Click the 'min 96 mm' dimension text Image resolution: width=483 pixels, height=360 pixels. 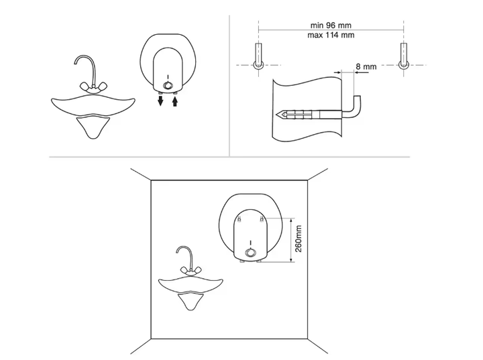coord(331,25)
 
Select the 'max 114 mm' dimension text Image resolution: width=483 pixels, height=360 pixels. coord(331,35)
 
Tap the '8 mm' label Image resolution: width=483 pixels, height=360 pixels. coord(366,66)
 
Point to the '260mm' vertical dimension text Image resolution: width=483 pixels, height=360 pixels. coord(298,239)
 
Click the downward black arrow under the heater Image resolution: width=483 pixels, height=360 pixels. coord(160,100)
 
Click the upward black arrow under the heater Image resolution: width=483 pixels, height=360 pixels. coord(175,101)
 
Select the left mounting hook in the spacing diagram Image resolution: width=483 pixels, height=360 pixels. coord(258,56)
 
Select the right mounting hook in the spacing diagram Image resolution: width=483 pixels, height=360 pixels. coord(404,56)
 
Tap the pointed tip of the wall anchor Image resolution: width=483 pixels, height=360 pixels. coord(276,115)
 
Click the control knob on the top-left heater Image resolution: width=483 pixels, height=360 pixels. coord(168,85)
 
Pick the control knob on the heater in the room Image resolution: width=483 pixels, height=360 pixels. coord(250,253)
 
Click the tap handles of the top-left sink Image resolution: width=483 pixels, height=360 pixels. coord(93,86)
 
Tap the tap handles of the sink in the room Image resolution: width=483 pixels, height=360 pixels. coord(191,271)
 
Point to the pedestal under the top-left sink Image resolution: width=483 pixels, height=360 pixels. coord(93,126)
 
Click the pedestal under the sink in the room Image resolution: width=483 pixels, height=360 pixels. coord(191,301)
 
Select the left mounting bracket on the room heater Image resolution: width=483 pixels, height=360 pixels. coord(239,219)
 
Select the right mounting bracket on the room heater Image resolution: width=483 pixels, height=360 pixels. coord(262,219)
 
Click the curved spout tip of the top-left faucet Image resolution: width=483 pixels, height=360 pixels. coord(75,63)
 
